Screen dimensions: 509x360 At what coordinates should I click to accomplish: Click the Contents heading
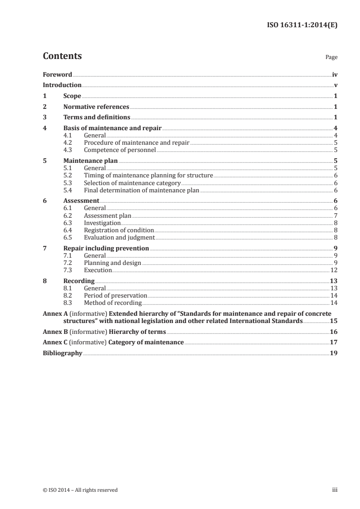[62, 56]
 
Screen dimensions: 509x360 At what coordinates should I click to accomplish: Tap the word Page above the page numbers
[331, 58]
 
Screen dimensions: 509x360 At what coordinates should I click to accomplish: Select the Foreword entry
[57, 74]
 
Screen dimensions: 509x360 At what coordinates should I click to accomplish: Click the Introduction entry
[62, 85]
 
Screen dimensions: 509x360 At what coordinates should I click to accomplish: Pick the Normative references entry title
[96, 107]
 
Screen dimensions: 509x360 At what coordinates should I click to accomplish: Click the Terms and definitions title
[97, 118]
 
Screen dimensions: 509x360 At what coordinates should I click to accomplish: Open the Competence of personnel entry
[120, 150]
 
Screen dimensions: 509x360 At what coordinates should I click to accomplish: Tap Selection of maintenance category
[132, 183]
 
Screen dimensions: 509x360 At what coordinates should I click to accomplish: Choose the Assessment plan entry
[108, 215]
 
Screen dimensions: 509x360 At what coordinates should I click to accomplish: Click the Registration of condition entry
[119, 230]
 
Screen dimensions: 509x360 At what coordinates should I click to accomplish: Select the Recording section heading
[79, 281]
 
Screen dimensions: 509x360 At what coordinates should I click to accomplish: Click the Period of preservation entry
[115, 295]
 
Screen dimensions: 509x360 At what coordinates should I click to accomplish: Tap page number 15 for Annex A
[334, 321]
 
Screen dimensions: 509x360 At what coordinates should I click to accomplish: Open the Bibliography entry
[62, 353]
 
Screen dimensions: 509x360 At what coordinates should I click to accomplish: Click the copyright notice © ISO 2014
[80, 490]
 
